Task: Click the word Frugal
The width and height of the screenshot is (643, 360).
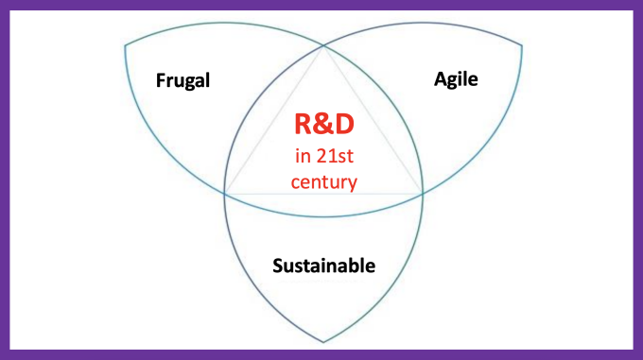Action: [182, 80]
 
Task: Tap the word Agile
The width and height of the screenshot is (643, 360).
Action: [456, 79]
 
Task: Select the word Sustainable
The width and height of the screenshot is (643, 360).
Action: [323, 266]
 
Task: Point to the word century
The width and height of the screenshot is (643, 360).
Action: [324, 180]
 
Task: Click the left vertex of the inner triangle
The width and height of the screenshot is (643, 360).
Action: [225, 193]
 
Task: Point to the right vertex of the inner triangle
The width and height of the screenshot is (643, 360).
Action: [422, 193]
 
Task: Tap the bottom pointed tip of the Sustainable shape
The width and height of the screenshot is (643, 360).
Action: [323, 342]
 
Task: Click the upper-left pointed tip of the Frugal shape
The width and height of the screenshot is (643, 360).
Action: [125, 43]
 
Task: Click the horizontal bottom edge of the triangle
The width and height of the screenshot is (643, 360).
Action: [323, 193]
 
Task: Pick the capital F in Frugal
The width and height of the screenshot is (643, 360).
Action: [161, 80]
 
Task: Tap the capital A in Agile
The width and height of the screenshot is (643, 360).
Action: [440, 79]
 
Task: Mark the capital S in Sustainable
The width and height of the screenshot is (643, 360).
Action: [278, 266]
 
